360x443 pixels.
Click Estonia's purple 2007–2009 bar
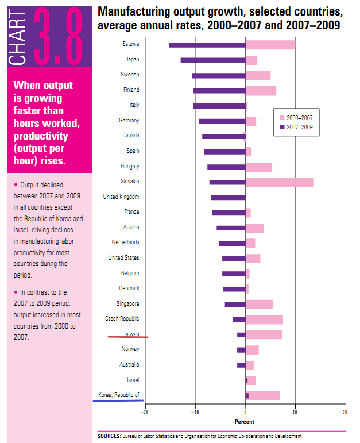click(x=207, y=45)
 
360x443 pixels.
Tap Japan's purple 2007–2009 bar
click(x=213, y=60)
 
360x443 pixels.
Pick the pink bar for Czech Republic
click(x=264, y=319)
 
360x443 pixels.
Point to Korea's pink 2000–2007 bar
click(x=264, y=395)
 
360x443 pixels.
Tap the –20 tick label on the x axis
click(x=146, y=413)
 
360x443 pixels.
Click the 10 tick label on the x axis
click(x=295, y=413)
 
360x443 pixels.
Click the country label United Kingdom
click(x=121, y=197)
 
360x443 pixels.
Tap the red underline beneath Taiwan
click(x=128, y=337)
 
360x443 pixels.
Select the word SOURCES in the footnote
click(x=109, y=436)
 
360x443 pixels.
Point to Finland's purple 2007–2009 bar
click(x=219, y=91)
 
